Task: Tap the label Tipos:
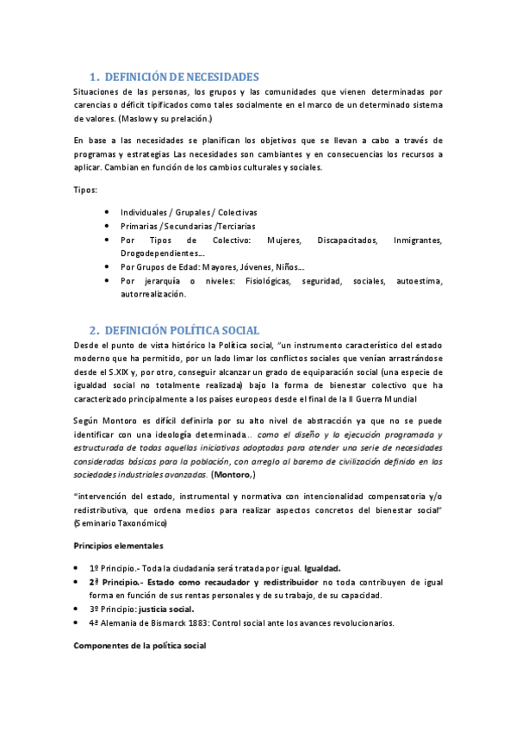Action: coord(84,189)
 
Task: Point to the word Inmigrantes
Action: coord(417,240)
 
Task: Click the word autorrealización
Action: coord(152,295)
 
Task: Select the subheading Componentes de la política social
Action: coord(140,646)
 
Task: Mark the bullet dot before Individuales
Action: coord(105,212)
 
